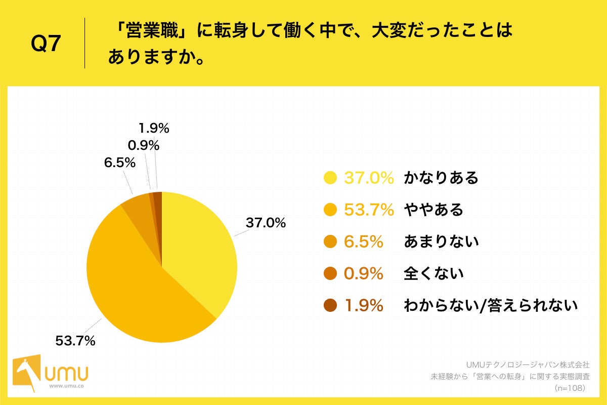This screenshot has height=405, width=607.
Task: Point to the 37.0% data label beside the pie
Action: (x=266, y=223)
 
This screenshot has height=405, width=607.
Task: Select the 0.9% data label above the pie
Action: (x=143, y=146)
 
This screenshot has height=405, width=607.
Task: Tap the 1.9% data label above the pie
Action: (x=153, y=129)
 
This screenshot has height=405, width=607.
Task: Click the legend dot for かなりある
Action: (x=330, y=178)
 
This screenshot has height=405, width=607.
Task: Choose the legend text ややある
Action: (x=433, y=210)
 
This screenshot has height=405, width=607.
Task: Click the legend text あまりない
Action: (x=441, y=242)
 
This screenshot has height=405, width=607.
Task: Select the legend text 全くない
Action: (x=433, y=274)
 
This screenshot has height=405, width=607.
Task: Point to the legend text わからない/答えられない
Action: (x=490, y=306)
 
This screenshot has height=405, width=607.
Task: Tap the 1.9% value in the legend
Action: (x=363, y=306)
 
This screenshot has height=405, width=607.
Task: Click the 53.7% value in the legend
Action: (x=369, y=210)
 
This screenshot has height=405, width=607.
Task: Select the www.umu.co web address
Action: (x=67, y=386)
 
